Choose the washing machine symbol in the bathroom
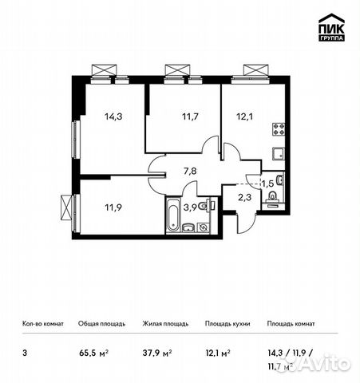coord(205,227)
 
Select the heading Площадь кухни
coord(227,324)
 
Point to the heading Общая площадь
coord(101,324)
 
